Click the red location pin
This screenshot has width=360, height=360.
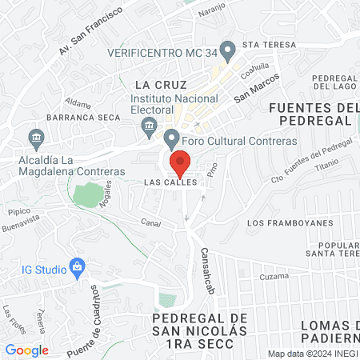click(181, 162)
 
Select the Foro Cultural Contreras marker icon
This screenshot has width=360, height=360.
click(170, 138)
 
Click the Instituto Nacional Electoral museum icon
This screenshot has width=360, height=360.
click(148, 125)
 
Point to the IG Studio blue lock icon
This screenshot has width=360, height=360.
click(78, 266)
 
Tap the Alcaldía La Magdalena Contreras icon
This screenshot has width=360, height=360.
click(35, 137)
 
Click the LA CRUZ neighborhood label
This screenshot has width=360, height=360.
click(160, 84)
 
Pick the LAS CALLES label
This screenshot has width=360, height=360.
click(170, 182)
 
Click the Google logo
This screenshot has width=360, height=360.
click(26, 350)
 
